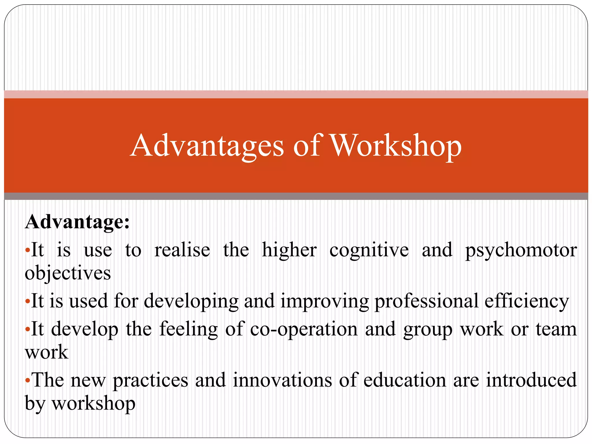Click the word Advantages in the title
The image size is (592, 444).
tap(207, 146)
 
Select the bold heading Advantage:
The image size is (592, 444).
tap(77, 222)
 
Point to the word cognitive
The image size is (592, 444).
tap(369, 250)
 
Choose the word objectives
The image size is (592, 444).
tap(68, 273)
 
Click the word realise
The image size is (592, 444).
tap(182, 250)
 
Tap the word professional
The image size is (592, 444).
tap(426, 301)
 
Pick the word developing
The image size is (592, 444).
tap(191, 301)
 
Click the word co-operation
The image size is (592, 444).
tap(304, 330)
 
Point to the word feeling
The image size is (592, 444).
tap(188, 330)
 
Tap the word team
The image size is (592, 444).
tap(556, 330)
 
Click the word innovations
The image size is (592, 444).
tap(282, 380)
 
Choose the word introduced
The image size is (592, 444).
tap(531, 380)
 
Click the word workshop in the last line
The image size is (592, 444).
tap(93, 404)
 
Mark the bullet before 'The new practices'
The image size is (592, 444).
tap(27, 380)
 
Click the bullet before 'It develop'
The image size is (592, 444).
tap(27, 330)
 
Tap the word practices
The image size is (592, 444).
tap(150, 380)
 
